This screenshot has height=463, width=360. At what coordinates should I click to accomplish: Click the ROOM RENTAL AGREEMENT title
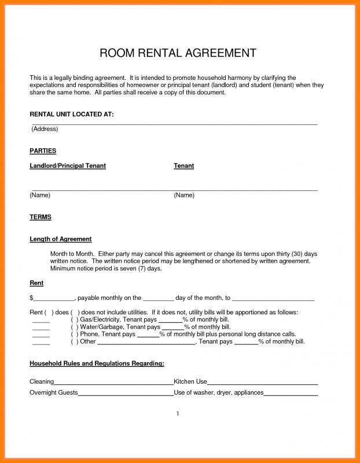tap(178, 54)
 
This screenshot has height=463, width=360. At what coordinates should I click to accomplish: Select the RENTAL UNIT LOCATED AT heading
tap(72, 115)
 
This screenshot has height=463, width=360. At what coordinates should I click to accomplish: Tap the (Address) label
tap(45, 128)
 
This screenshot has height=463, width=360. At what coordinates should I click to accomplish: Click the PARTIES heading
tap(43, 150)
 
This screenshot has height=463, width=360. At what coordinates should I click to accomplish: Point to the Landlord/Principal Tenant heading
tap(68, 166)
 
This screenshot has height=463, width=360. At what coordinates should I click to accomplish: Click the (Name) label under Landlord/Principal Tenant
tap(40, 195)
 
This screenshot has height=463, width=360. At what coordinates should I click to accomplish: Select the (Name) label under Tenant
tap(184, 195)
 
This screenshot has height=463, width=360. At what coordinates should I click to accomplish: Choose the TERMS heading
tap(41, 217)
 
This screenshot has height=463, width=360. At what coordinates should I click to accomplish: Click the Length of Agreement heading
tap(61, 239)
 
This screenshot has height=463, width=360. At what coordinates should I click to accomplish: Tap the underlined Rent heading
tap(36, 283)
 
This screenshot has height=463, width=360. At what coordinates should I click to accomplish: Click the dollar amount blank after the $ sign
tap(53, 299)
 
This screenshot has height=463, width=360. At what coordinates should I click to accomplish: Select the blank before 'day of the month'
tap(158, 299)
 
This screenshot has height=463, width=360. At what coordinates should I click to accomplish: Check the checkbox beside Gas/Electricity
tap(75, 320)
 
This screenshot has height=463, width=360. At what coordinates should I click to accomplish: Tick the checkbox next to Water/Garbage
tap(75, 327)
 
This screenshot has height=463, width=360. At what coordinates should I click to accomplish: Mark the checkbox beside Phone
tap(75, 335)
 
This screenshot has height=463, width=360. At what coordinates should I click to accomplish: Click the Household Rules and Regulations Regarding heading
tap(97, 363)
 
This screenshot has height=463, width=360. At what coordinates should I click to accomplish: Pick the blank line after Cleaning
tap(113, 382)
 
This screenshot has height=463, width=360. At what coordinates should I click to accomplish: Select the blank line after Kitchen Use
tap(262, 382)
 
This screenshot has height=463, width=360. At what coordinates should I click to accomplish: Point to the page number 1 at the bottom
tap(178, 414)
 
